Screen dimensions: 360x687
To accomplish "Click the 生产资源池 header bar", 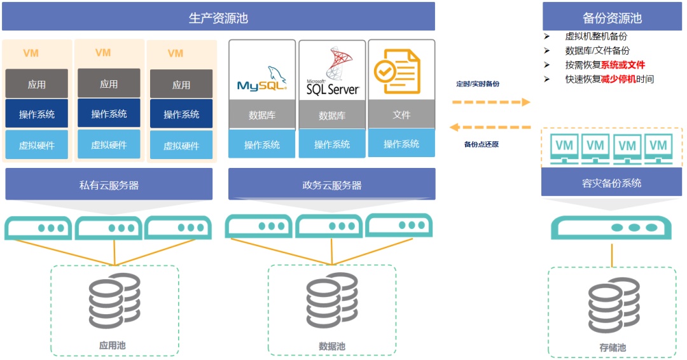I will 218,17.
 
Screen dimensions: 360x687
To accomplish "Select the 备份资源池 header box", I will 612,17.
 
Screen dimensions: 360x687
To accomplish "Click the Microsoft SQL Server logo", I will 333,73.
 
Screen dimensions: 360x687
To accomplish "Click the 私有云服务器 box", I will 109,185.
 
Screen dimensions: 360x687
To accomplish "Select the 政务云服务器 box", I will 331,185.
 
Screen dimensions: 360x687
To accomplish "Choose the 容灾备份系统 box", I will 611,183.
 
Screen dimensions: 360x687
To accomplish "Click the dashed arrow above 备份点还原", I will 490,127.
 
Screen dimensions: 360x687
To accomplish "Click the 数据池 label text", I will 331,347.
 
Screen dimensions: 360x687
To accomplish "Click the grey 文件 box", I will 401,114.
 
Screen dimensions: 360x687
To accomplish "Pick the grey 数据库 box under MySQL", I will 262,115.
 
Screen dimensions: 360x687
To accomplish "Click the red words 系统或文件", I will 623,65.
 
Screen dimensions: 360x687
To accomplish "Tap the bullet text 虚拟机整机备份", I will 595,36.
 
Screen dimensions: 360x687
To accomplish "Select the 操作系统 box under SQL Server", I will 332,144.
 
